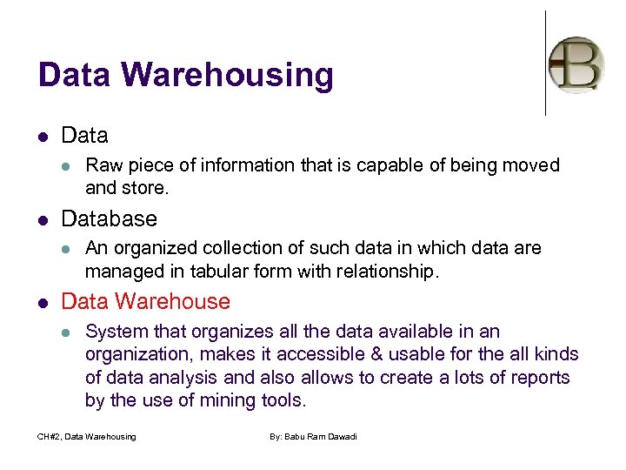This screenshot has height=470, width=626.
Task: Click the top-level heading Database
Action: (x=110, y=218)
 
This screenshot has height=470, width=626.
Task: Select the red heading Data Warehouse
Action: (x=146, y=302)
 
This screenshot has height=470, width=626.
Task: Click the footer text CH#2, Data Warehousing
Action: (x=87, y=436)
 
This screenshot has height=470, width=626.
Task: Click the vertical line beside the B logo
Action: (x=546, y=63)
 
